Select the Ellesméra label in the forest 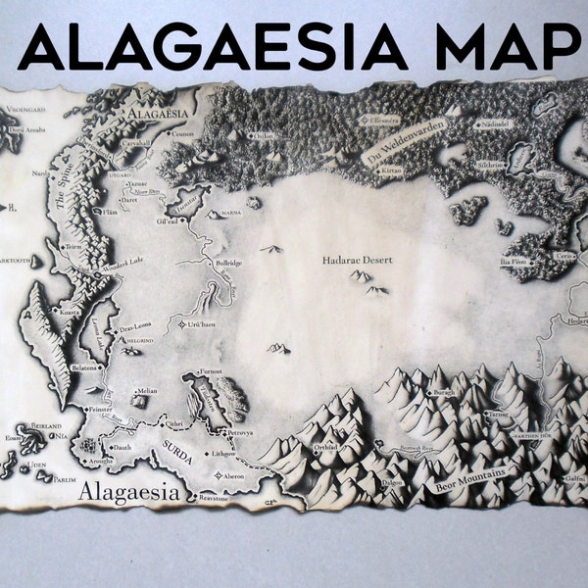381,120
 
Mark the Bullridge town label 228,265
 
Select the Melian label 147,390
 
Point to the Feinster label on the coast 101,407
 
